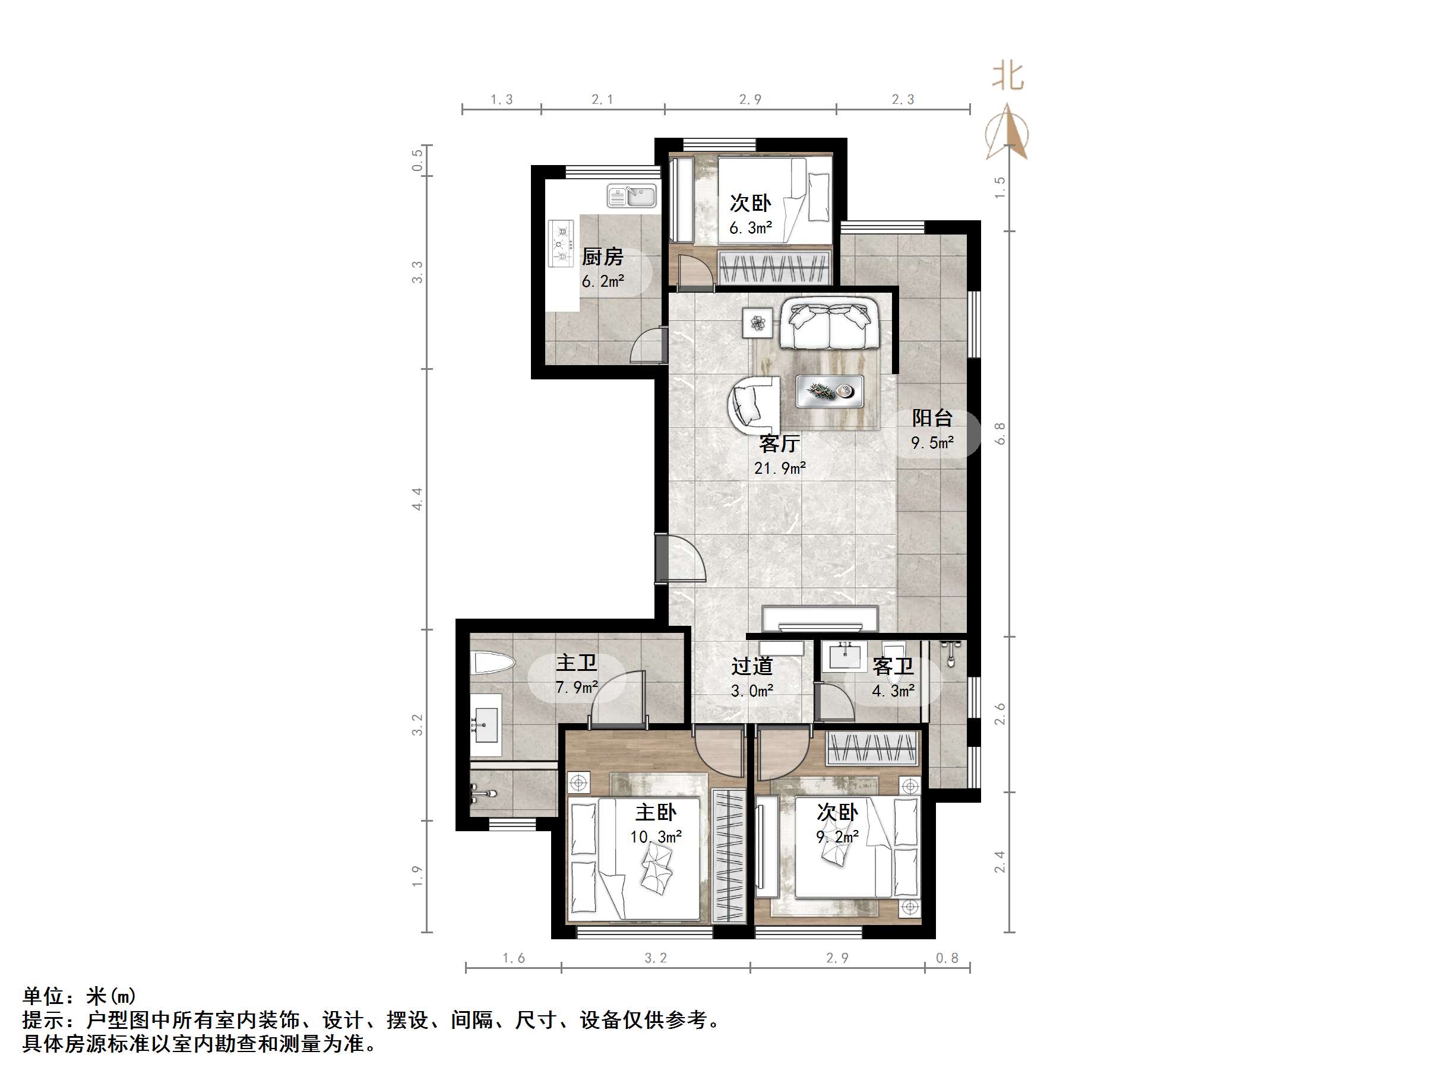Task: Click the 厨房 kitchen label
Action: [602, 257]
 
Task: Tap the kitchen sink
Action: [632, 195]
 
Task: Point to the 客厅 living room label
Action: [779, 444]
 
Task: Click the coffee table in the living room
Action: [830, 391]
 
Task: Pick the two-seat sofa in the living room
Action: [830, 324]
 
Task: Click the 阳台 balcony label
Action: [932, 417]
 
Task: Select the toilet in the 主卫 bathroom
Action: [493, 663]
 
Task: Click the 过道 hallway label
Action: [752, 666]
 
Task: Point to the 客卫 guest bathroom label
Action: [893, 666]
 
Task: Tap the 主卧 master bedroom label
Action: [656, 812]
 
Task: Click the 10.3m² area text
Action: [656, 837]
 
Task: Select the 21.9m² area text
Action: [780, 468]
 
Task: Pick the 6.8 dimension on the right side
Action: [1001, 433]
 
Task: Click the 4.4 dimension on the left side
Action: [417, 499]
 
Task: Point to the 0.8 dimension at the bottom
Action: [947, 958]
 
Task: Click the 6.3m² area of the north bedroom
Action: [751, 228]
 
